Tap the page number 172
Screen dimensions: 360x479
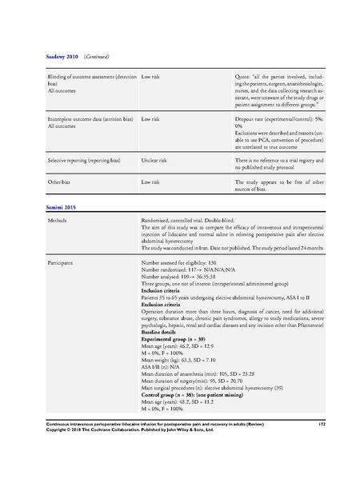(320, 440)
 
